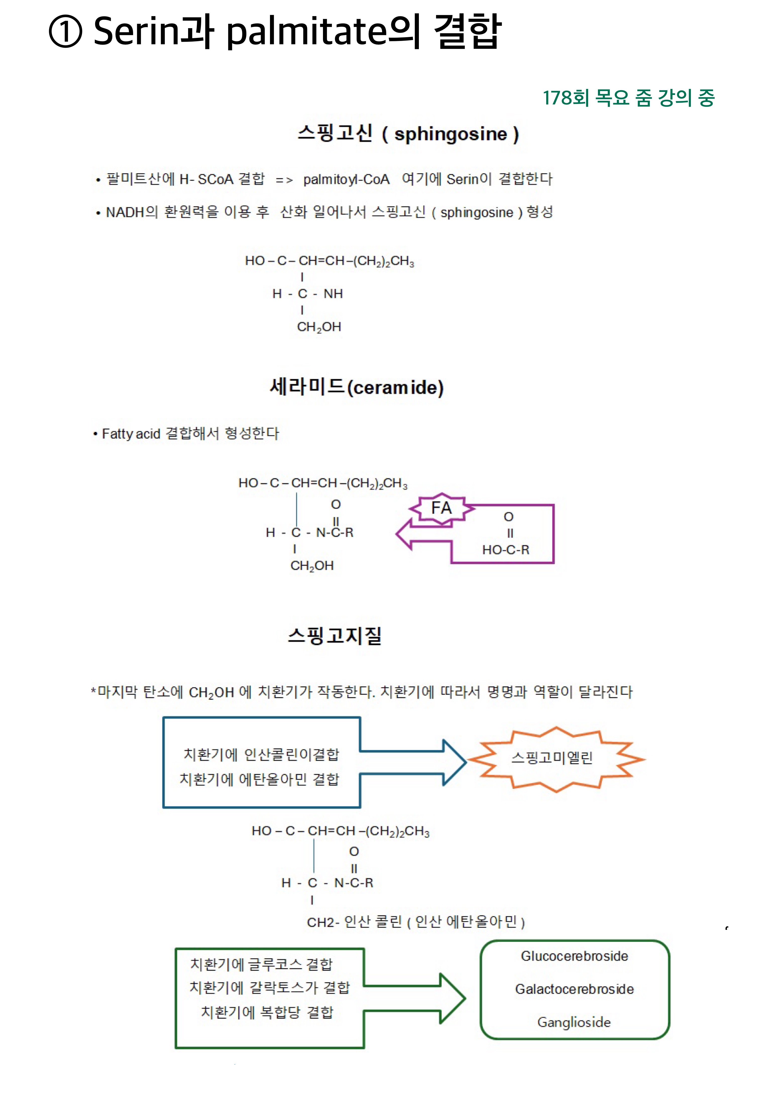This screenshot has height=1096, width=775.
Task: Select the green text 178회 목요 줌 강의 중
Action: click(x=629, y=98)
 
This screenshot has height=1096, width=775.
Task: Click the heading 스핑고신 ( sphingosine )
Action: click(x=408, y=134)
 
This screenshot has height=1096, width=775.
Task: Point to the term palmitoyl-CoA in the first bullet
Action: click(x=347, y=180)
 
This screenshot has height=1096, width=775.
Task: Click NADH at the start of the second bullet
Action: click(x=125, y=212)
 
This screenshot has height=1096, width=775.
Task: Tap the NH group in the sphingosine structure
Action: click(x=333, y=294)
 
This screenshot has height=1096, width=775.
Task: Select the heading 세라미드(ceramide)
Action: click(x=356, y=387)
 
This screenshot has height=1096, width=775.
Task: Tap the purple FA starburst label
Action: click(x=441, y=508)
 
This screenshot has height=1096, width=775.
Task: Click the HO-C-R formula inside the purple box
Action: click(x=506, y=550)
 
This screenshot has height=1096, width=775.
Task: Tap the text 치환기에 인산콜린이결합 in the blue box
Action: click(x=261, y=754)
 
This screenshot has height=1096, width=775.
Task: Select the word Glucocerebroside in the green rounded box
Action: click(x=575, y=956)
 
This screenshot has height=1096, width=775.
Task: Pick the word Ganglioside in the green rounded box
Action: click(x=574, y=1022)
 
